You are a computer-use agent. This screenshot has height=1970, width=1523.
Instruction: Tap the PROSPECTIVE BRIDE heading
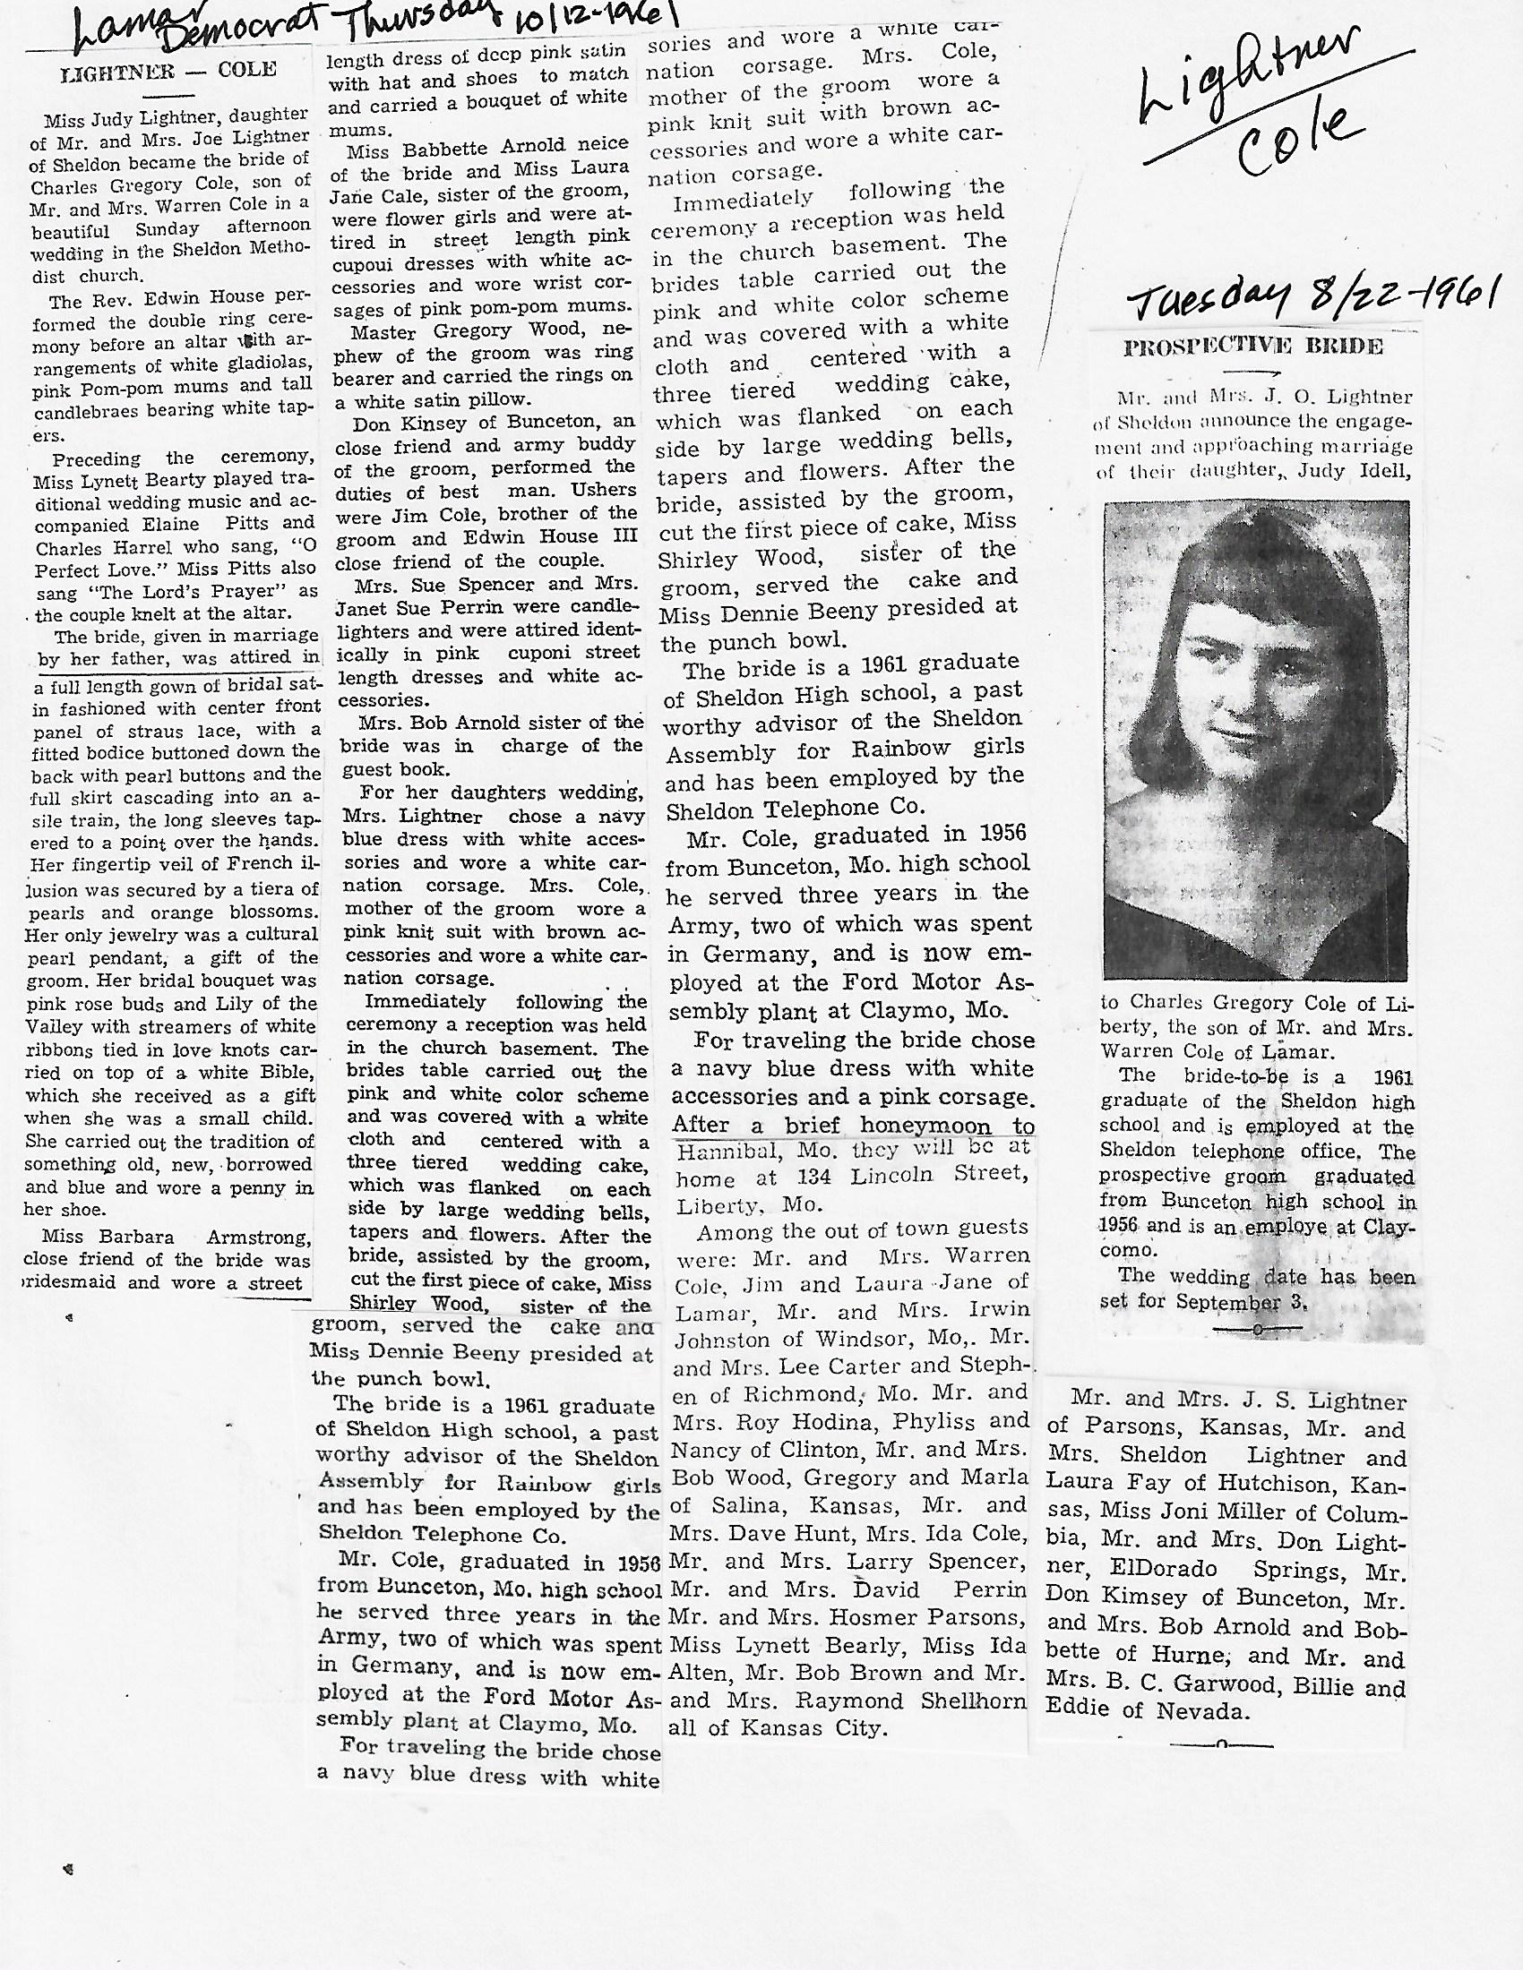pyautogui.click(x=1252, y=347)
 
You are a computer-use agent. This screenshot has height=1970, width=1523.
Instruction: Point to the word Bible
pyautogui.click(x=286, y=1074)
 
